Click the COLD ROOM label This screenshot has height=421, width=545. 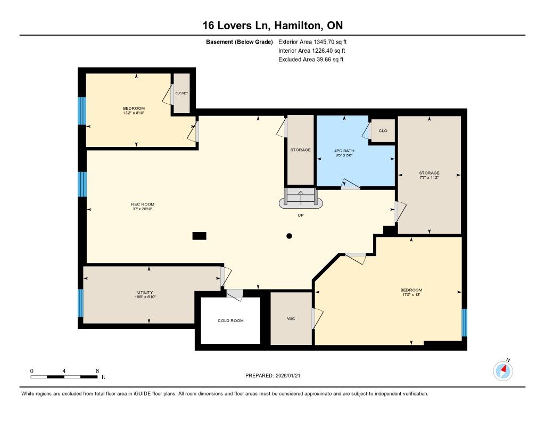click(x=230, y=320)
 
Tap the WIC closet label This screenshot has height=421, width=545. click(x=291, y=318)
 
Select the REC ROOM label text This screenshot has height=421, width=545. click(x=143, y=204)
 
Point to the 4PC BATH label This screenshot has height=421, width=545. click(x=344, y=151)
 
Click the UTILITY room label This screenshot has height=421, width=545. click(x=145, y=292)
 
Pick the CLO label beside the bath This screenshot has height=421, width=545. click(x=383, y=131)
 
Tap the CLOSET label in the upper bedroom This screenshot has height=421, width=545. click(x=181, y=93)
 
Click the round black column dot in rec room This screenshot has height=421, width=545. click(x=289, y=236)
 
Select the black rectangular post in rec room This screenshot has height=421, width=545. click(x=199, y=236)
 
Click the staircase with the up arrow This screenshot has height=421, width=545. click(x=301, y=197)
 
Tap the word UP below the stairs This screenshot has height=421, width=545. click(x=301, y=215)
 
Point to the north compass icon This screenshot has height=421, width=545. click(x=503, y=371)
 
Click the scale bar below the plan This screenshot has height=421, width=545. click(x=64, y=376)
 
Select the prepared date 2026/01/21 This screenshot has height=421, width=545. click(x=288, y=375)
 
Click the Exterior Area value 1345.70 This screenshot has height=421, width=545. click(x=324, y=42)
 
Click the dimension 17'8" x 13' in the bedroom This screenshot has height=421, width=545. click(x=411, y=294)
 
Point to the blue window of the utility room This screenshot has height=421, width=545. click(x=81, y=303)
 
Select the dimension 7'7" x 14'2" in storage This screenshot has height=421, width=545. click(x=429, y=177)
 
